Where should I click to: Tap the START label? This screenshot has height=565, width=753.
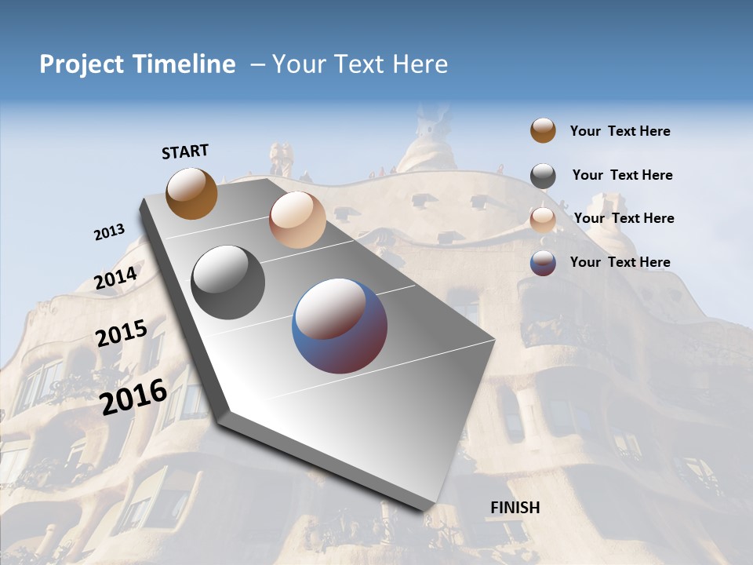pyautogui.click(x=185, y=151)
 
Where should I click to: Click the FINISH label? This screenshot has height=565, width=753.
pyautogui.click(x=515, y=507)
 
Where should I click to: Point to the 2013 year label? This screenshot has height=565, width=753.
pyautogui.click(x=110, y=232)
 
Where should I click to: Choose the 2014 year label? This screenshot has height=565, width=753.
pyautogui.click(x=116, y=278)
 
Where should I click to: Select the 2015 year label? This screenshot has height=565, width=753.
pyautogui.click(x=122, y=334)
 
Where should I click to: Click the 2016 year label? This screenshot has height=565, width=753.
pyautogui.click(x=134, y=396)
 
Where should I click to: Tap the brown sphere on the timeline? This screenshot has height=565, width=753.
pyautogui.click(x=191, y=193)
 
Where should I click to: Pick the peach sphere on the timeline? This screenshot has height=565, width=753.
pyautogui.click(x=297, y=220)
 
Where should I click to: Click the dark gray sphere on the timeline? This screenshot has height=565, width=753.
pyautogui.click(x=228, y=282)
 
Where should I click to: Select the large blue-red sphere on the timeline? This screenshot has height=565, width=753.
pyautogui.click(x=340, y=326)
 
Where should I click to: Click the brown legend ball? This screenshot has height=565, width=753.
pyautogui.click(x=543, y=130)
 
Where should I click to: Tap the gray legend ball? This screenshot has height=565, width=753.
pyautogui.click(x=543, y=176)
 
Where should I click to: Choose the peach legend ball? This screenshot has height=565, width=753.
pyautogui.click(x=543, y=220)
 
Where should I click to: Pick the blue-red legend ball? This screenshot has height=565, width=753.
pyautogui.click(x=543, y=263)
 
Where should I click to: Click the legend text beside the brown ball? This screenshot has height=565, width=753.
pyautogui.click(x=620, y=131)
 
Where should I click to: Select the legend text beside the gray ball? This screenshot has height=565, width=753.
pyautogui.click(x=622, y=175)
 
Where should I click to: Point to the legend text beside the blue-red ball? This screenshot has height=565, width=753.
pyautogui.click(x=620, y=262)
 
